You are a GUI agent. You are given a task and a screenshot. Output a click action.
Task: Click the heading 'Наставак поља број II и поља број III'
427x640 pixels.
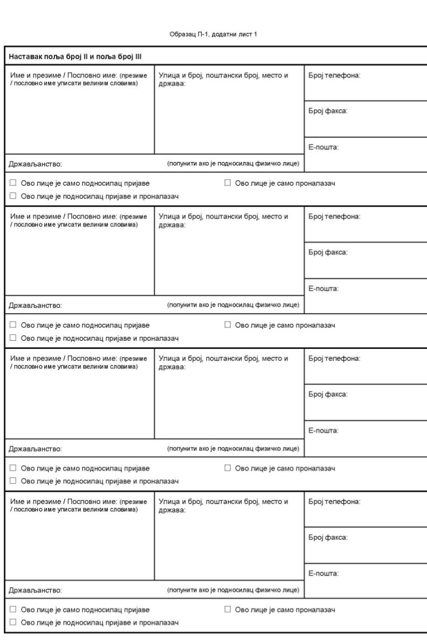tap(75, 57)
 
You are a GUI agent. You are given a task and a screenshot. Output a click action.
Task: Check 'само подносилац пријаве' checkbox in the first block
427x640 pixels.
tap(13, 183)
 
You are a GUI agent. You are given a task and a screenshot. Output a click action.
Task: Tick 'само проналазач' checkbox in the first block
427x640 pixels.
tap(228, 183)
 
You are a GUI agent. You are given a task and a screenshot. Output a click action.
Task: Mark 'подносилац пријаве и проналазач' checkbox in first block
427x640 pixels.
tap(13, 196)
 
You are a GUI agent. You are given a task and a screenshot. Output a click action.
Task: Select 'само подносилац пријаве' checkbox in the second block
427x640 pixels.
tap(13, 325)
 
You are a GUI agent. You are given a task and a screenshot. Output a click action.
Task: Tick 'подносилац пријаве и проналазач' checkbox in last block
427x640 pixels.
tap(13, 622)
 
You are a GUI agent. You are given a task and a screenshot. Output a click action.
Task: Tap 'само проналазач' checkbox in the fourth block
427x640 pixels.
tap(228, 610)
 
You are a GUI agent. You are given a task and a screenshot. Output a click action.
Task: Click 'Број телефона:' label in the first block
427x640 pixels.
tap(335, 76)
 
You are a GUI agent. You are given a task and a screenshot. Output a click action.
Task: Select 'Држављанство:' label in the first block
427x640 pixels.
tap(36, 164)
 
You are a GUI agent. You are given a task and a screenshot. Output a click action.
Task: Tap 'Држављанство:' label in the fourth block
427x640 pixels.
tap(36, 590)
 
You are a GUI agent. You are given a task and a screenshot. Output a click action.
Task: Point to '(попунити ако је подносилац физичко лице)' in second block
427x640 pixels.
tap(233, 305)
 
